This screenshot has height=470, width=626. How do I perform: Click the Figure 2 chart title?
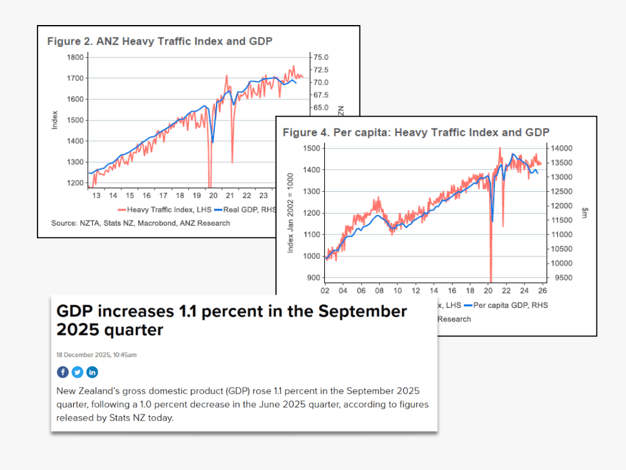[x=160, y=42]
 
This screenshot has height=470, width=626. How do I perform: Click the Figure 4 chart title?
[x=416, y=132]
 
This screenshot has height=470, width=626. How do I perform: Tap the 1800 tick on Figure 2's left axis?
[x=75, y=57]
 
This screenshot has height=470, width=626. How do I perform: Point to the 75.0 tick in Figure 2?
[x=321, y=57]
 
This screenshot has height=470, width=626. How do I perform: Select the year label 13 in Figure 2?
[x=96, y=195]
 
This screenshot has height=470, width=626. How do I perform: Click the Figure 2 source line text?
[x=140, y=223]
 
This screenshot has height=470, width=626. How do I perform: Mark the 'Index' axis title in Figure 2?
[x=55, y=120]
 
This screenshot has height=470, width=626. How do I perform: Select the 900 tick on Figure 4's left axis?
[x=313, y=278]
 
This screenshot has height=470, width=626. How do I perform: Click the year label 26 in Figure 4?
[x=541, y=291]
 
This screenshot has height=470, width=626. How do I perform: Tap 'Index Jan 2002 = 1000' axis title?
[x=290, y=213]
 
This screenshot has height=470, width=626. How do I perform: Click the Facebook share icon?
[x=63, y=372]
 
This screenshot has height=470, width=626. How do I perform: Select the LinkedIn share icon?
[x=92, y=372]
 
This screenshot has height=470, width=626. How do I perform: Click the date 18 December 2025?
[x=96, y=355]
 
